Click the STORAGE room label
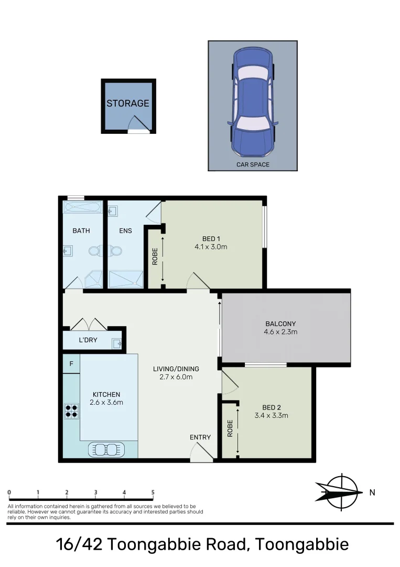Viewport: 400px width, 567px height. click(x=128, y=103)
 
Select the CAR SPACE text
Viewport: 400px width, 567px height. click(x=253, y=164)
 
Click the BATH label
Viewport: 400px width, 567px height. click(x=81, y=230)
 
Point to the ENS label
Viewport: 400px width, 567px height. click(x=125, y=230)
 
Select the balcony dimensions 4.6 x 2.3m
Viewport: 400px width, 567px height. click(x=281, y=332)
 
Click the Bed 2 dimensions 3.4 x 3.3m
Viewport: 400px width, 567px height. click(x=272, y=415)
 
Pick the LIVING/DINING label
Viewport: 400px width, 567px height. click(x=176, y=369)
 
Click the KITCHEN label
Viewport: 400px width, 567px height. click(x=106, y=395)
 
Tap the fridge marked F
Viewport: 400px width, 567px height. click(x=71, y=363)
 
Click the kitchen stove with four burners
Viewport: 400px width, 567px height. click(x=71, y=410)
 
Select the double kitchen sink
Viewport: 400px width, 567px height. click(x=106, y=449)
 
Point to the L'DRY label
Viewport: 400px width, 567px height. click(x=88, y=340)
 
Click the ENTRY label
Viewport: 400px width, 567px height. click(x=200, y=437)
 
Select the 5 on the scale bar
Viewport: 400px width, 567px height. click(x=153, y=492)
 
